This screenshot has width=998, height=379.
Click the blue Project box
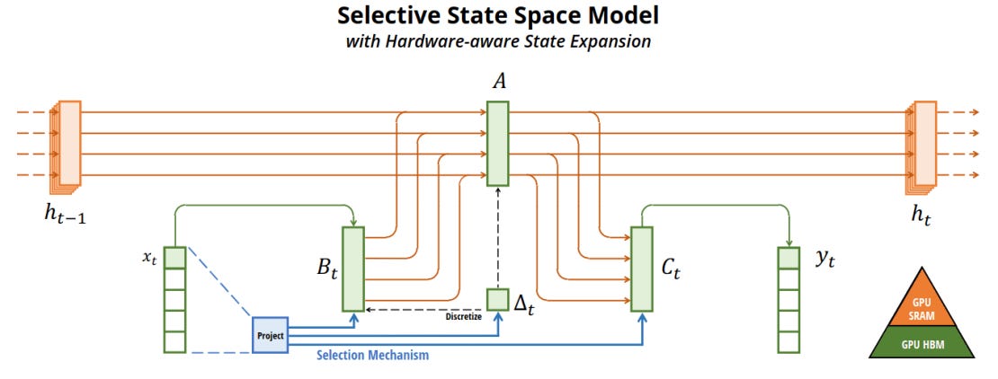point(270,335)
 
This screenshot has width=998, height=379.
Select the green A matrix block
point(498,144)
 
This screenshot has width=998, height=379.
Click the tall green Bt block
point(353,269)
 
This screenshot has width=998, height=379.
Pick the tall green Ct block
point(641,269)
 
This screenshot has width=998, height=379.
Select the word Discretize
point(464,315)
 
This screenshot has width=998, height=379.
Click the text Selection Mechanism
point(372,356)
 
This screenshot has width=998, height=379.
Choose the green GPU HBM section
point(922,343)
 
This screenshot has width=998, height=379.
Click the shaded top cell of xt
point(174,258)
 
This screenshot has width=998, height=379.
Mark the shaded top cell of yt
point(789,258)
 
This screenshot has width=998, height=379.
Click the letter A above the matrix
point(498,83)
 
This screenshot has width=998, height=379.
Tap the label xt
point(149,257)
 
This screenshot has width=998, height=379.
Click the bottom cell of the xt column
point(174,342)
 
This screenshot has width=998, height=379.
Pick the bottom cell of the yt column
point(789,342)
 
